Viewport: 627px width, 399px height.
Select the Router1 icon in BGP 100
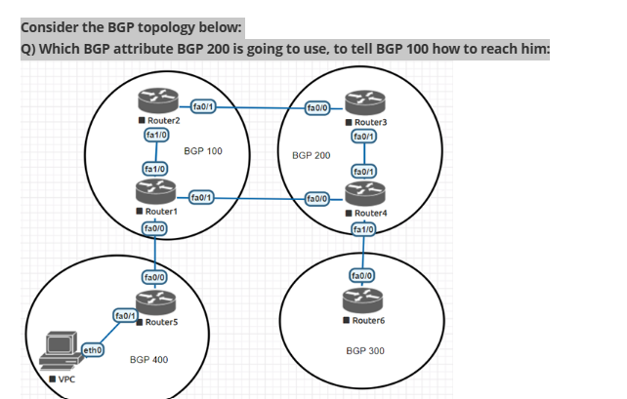155,191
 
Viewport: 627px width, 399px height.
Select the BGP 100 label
203,151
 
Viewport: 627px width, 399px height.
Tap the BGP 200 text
312,155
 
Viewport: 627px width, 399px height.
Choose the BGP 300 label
365,349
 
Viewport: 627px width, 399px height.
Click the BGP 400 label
149,360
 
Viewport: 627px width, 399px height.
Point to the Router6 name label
370,320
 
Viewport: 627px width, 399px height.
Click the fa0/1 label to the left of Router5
125,315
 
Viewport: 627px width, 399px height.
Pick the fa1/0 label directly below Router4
363,230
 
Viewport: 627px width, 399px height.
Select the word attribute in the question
150,50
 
